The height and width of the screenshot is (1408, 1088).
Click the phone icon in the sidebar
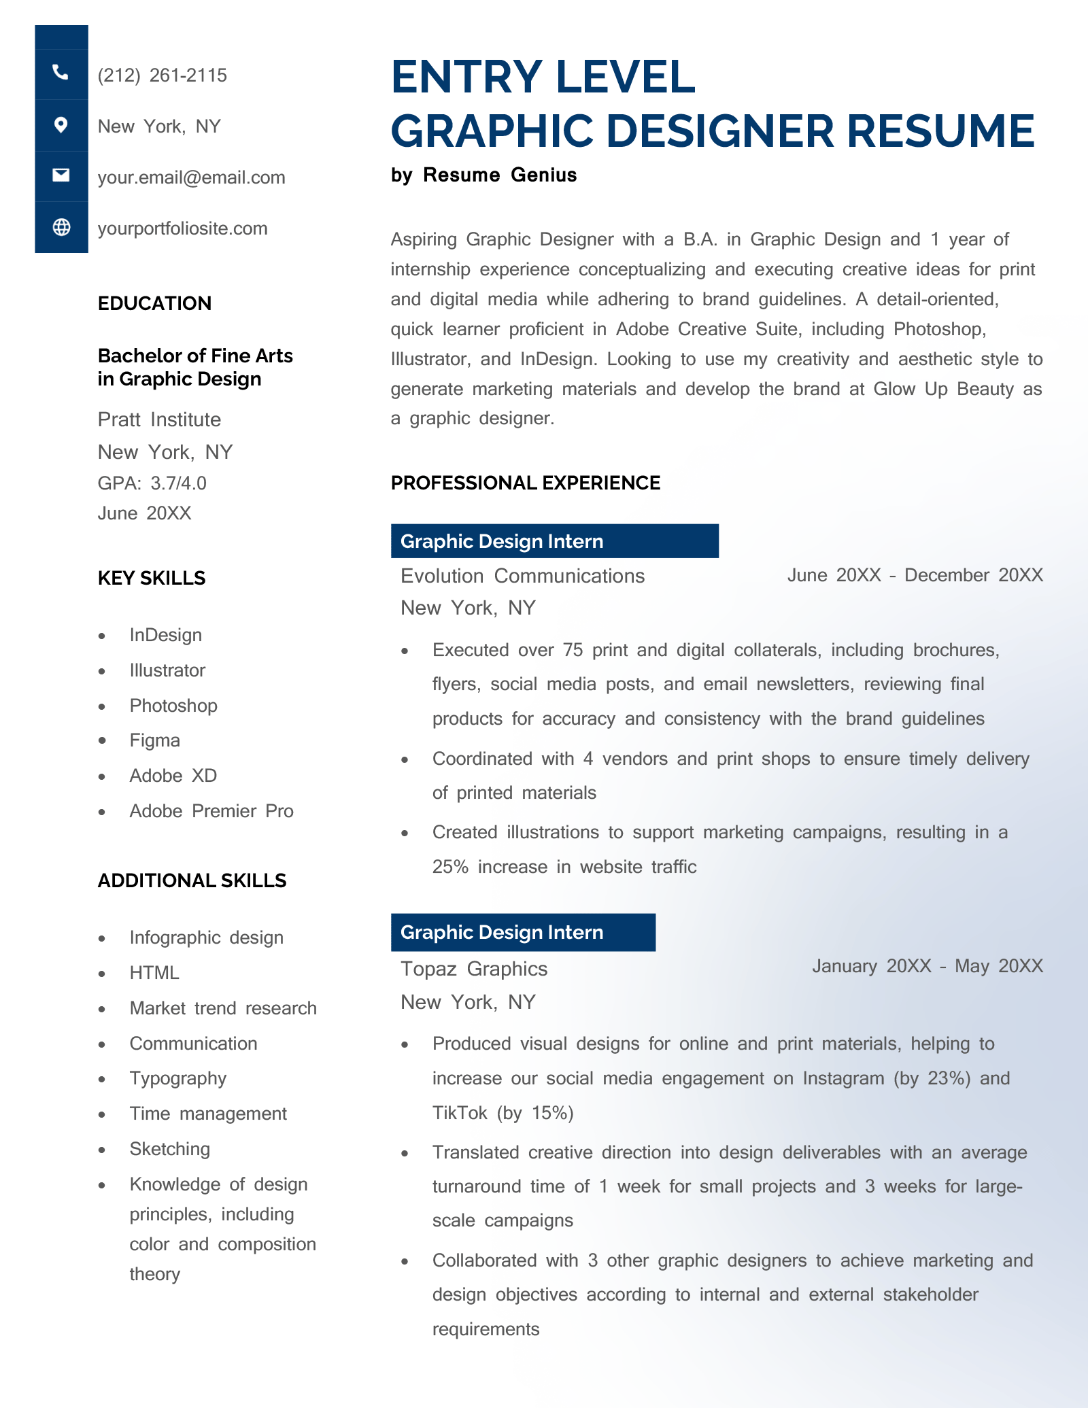click(61, 73)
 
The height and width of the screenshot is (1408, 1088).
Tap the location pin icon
click(61, 125)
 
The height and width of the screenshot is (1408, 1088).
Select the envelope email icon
click(61, 175)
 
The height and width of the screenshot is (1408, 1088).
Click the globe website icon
click(61, 227)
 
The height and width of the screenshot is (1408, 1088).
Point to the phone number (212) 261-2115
click(162, 75)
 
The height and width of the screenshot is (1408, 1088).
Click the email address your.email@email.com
click(191, 177)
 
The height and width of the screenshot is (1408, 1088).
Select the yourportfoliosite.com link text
click(182, 228)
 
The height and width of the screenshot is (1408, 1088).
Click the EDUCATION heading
click(154, 303)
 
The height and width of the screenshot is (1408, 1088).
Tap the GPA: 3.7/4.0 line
click(152, 483)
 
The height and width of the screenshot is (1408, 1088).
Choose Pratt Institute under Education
click(159, 419)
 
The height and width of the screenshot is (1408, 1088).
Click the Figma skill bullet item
click(154, 740)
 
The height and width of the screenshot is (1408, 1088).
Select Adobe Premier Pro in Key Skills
click(211, 811)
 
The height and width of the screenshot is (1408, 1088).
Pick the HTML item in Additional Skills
click(154, 973)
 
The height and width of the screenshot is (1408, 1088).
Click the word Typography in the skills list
click(177, 1079)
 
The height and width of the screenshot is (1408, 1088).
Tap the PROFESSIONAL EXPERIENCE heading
click(525, 483)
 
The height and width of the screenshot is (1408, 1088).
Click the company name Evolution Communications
click(522, 576)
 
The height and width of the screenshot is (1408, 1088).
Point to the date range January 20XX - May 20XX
click(927, 966)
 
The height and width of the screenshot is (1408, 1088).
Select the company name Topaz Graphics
click(473, 969)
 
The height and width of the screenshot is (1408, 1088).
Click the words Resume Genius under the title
click(499, 175)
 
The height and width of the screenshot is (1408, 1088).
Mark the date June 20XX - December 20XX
click(915, 575)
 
